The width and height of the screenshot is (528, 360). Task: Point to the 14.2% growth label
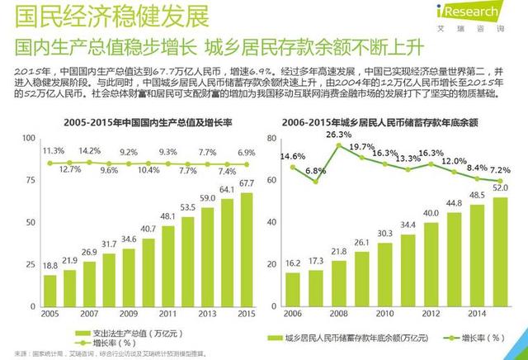[x=89, y=151]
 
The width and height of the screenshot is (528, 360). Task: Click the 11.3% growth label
[x=52, y=151]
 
